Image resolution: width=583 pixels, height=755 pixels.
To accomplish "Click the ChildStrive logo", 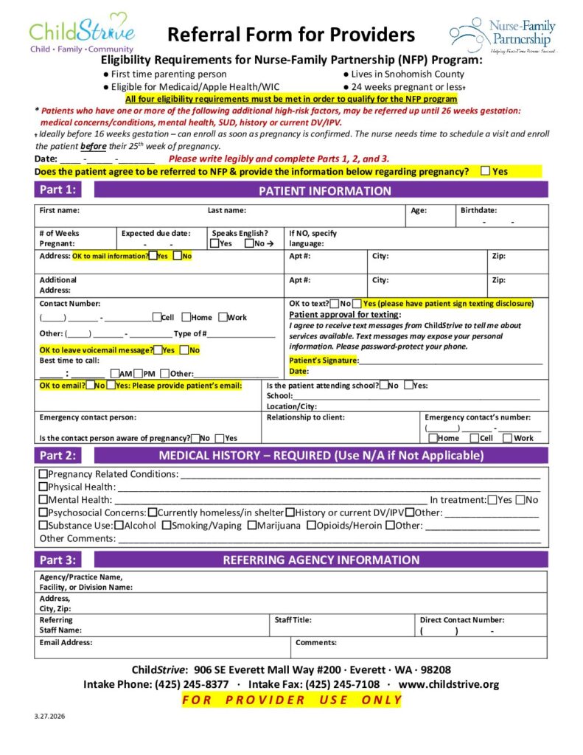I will click(82, 33).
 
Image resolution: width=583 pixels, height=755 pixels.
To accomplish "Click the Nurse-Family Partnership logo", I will click(504, 35).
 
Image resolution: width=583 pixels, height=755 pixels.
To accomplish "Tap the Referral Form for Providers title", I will click(291, 35).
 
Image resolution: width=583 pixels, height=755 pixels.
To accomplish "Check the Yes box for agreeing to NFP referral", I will click(485, 171).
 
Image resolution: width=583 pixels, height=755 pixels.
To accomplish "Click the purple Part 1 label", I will click(57, 190).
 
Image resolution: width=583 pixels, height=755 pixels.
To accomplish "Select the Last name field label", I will click(227, 211).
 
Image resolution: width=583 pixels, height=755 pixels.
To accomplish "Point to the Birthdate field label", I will click(478, 211).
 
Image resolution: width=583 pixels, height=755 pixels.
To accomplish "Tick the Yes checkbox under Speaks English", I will click(214, 243).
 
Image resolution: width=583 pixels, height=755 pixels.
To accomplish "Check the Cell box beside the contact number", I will click(156, 317).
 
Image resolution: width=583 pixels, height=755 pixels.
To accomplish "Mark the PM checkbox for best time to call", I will click(139, 374).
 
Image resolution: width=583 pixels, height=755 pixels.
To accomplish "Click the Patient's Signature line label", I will click(323, 360).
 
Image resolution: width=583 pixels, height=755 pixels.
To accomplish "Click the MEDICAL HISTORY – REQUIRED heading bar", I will click(321, 455).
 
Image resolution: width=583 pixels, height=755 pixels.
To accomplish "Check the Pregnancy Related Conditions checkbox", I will click(43, 474).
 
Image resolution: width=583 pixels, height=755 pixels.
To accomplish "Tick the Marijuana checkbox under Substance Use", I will click(252, 526).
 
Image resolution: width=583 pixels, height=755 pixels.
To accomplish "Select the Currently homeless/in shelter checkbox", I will click(152, 512).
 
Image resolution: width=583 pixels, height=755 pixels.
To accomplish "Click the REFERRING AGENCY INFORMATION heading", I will click(321, 560).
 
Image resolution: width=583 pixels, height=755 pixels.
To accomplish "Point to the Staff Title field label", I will click(293, 621).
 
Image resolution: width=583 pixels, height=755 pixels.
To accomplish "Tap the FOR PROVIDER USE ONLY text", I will click(292, 700).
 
